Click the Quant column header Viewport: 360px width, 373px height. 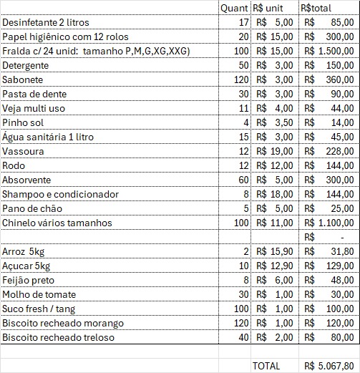point(234,8)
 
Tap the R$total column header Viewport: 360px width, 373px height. point(316,8)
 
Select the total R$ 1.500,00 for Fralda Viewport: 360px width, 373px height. point(329,51)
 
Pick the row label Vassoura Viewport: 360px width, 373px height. point(23,151)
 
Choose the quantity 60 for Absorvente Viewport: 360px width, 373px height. point(243,180)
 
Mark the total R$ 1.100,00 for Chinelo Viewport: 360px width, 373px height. point(329,223)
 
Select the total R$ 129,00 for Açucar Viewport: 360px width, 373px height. point(329,266)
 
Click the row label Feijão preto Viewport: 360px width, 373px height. point(28,280)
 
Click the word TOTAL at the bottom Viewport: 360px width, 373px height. point(266,365)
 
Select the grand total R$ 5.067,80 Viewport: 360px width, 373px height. point(329,365)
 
